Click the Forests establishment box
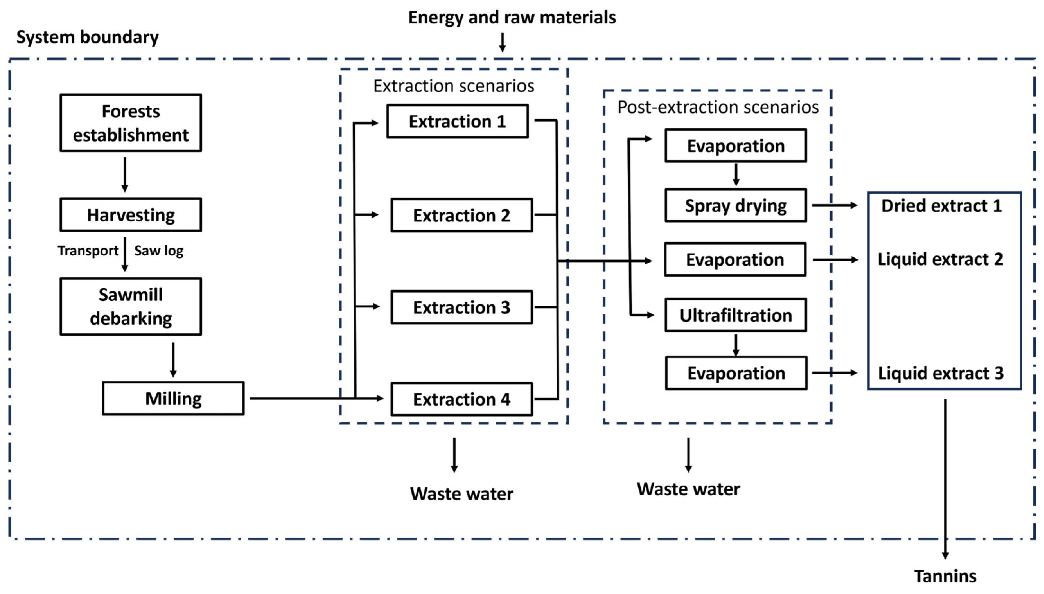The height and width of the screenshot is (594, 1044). click(x=131, y=123)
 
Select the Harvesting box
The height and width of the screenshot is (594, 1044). click(x=131, y=215)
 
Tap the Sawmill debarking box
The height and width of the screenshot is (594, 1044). click(x=131, y=306)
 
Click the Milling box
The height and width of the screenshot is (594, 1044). click(x=173, y=398)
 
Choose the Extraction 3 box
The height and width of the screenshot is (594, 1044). click(x=461, y=307)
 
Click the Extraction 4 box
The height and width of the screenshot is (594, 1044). click(x=461, y=399)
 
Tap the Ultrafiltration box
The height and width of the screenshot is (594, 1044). click(x=735, y=315)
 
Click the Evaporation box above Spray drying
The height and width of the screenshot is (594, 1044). click(x=735, y=146)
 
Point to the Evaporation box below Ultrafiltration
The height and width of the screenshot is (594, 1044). click(x=736, y=373)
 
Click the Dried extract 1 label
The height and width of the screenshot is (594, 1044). click(x=941, y=206)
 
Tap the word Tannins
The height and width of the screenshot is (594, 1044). click(x=945, y=576)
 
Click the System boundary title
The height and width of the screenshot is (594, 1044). click(x=87, y=37)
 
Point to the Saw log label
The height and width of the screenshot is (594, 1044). click(x=159, y=251)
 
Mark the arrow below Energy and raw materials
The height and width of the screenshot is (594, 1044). click(x=502, y=42)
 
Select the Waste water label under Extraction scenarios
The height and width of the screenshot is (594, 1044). click(x=461, y=494)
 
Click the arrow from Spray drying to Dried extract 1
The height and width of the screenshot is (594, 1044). click(x=834, y=205)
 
